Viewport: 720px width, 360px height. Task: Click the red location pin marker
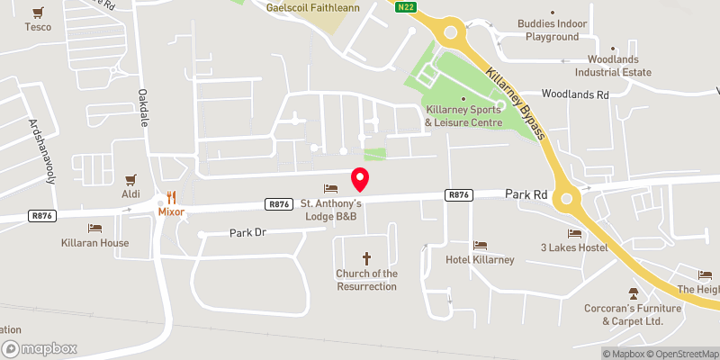click(x=360, y=179)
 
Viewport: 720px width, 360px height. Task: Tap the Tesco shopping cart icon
click(x=38, y=13)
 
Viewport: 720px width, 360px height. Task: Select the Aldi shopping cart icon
click(x=132, y=179)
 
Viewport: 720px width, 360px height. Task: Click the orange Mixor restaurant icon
click(x=171, y=197)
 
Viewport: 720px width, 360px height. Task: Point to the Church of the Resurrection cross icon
click(x=366, y=258)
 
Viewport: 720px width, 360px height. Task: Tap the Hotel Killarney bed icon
click(x=480, y=245)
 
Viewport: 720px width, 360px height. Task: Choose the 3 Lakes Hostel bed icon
click(x=574, y=233)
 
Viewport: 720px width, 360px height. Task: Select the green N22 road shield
click(x=407, y=5)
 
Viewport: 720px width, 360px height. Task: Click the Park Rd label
click(x=526, y=193)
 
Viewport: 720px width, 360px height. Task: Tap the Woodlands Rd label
click(x=575, y=94)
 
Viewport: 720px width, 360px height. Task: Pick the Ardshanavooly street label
click(x=42, y=150)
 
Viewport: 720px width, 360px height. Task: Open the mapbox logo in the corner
click(x=40, y=348)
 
